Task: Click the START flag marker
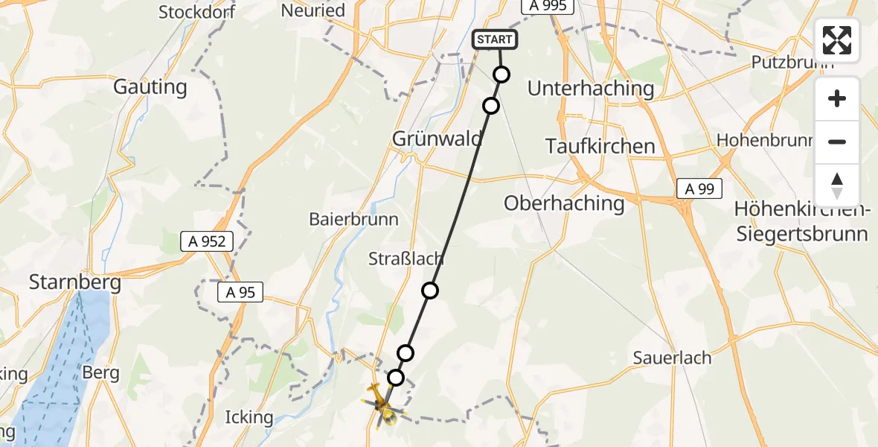click(495, 39)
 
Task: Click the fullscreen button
click(837, 40)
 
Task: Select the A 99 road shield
click(699, 189)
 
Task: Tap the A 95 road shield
click(241, 293)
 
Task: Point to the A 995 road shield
click(548, 6)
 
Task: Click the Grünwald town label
click(438, 139)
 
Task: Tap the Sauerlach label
click(672, 358)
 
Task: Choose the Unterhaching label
click(590, 89)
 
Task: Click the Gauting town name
click(150, 87)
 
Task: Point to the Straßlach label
click(406, 259)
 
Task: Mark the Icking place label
click(249, 416)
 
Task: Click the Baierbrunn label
click(353, 220)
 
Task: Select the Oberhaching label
click(564, 203)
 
